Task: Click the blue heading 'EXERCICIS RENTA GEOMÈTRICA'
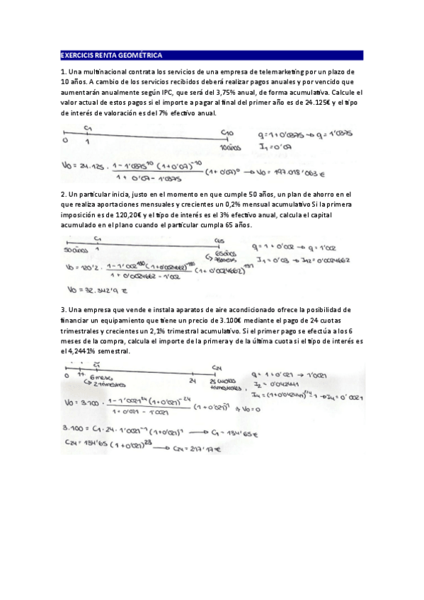pyautogui.click(x=112, y=55)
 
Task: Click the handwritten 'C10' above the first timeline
pyautogui.click(x=227, y=132)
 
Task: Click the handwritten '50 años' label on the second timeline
pyautogui.click(x=74, y=250)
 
